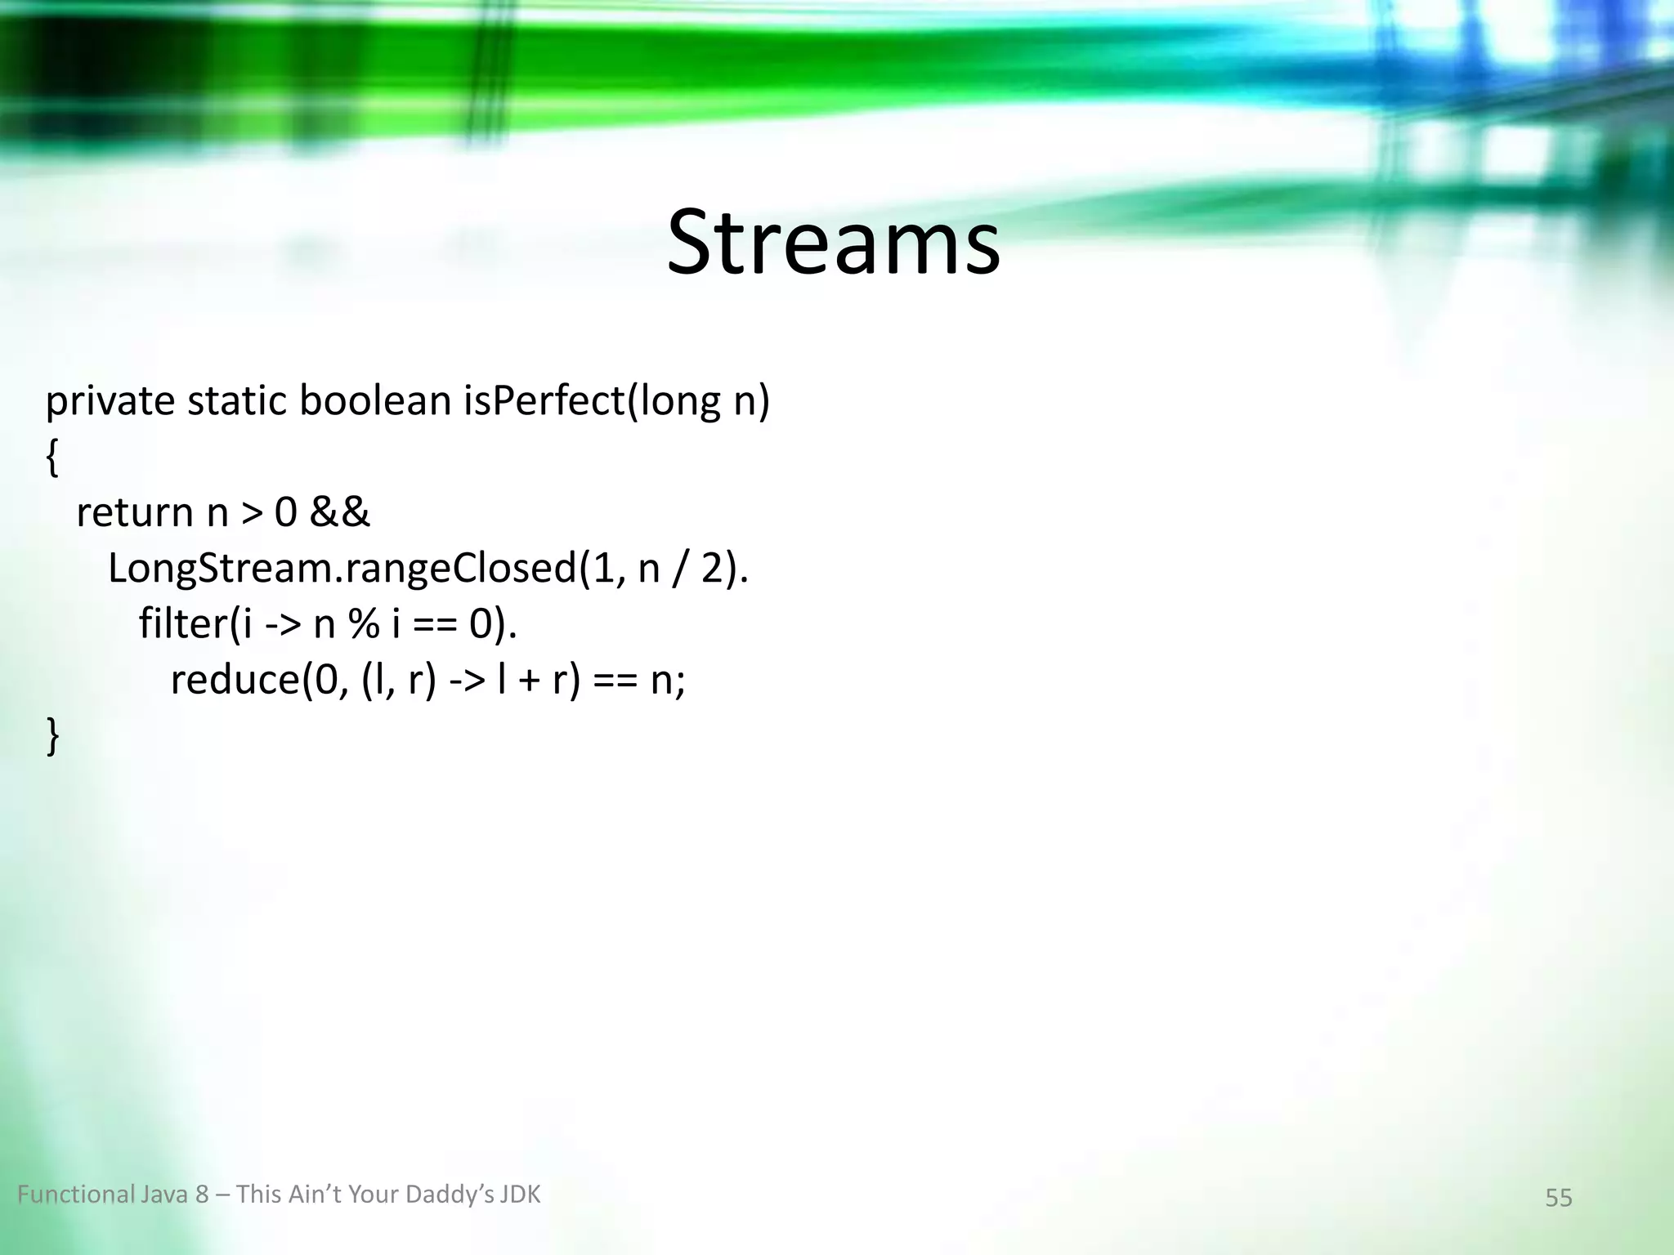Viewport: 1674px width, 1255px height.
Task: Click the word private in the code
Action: pyautogui.click(x=110, y=402)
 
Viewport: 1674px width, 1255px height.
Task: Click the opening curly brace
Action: pyautogui.click(x=51, y=459)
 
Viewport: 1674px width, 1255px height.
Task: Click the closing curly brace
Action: pyautogui.click(x=51, y=735)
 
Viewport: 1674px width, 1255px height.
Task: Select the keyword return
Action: pyautogui.click(x=134, y=513)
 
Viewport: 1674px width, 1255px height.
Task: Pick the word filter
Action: pyautogui.click(x=181, y=623)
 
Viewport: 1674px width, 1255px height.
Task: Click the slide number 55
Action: pyautogui.click(x=1558, y=1198)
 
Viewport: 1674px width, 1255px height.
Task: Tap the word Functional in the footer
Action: pyautogui.click(x=75, y=1195)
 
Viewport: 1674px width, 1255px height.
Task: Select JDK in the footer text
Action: pyautogui.click(x=521, y=1195)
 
